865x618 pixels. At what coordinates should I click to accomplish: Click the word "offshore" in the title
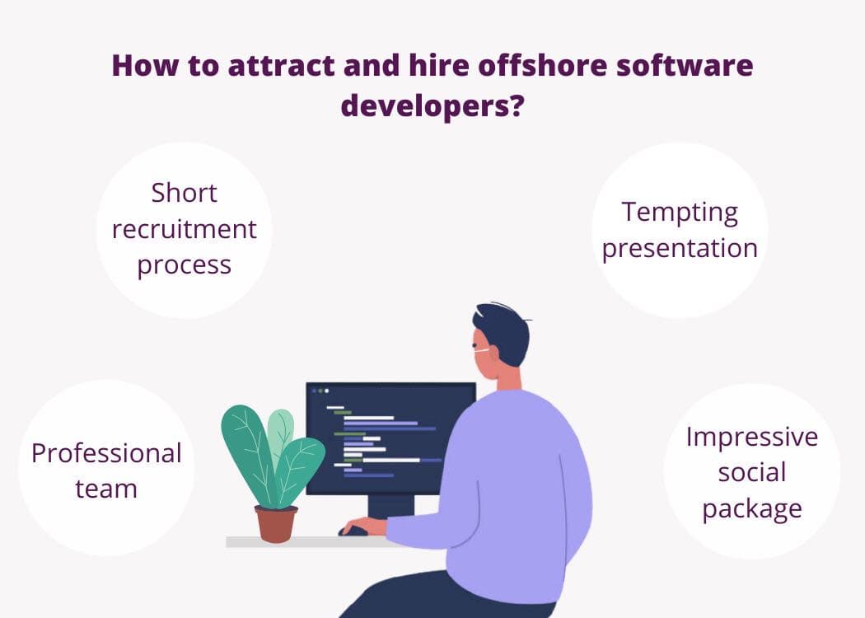[543, 65]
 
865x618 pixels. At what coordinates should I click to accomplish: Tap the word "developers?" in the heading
[432, 106]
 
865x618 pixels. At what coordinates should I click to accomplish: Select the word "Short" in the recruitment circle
[185, 193]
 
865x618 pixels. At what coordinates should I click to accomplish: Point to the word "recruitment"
[185, 229]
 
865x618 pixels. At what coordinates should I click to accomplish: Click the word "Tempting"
[680, 213]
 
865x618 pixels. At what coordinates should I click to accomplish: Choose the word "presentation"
[680, 249]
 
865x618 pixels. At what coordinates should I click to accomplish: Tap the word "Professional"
[106, 453]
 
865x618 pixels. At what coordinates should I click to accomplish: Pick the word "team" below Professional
[106, 489]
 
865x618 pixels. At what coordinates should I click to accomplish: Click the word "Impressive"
[752, 437]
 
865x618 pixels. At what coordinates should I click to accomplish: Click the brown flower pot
[276, 524]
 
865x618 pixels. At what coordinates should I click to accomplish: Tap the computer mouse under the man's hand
[353, 531]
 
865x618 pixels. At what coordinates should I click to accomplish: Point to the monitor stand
[390, 507]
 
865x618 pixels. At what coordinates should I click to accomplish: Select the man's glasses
[481, 349]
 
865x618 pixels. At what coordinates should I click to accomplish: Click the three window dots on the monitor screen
[320, 391]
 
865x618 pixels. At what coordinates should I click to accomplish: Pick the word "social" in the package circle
[752, 473]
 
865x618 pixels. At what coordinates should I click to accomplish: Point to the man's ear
[492, 353]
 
